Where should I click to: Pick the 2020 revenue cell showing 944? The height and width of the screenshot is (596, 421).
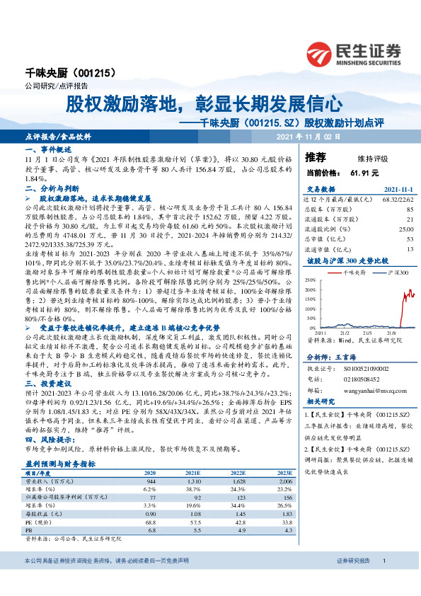(x=150, y=481)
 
